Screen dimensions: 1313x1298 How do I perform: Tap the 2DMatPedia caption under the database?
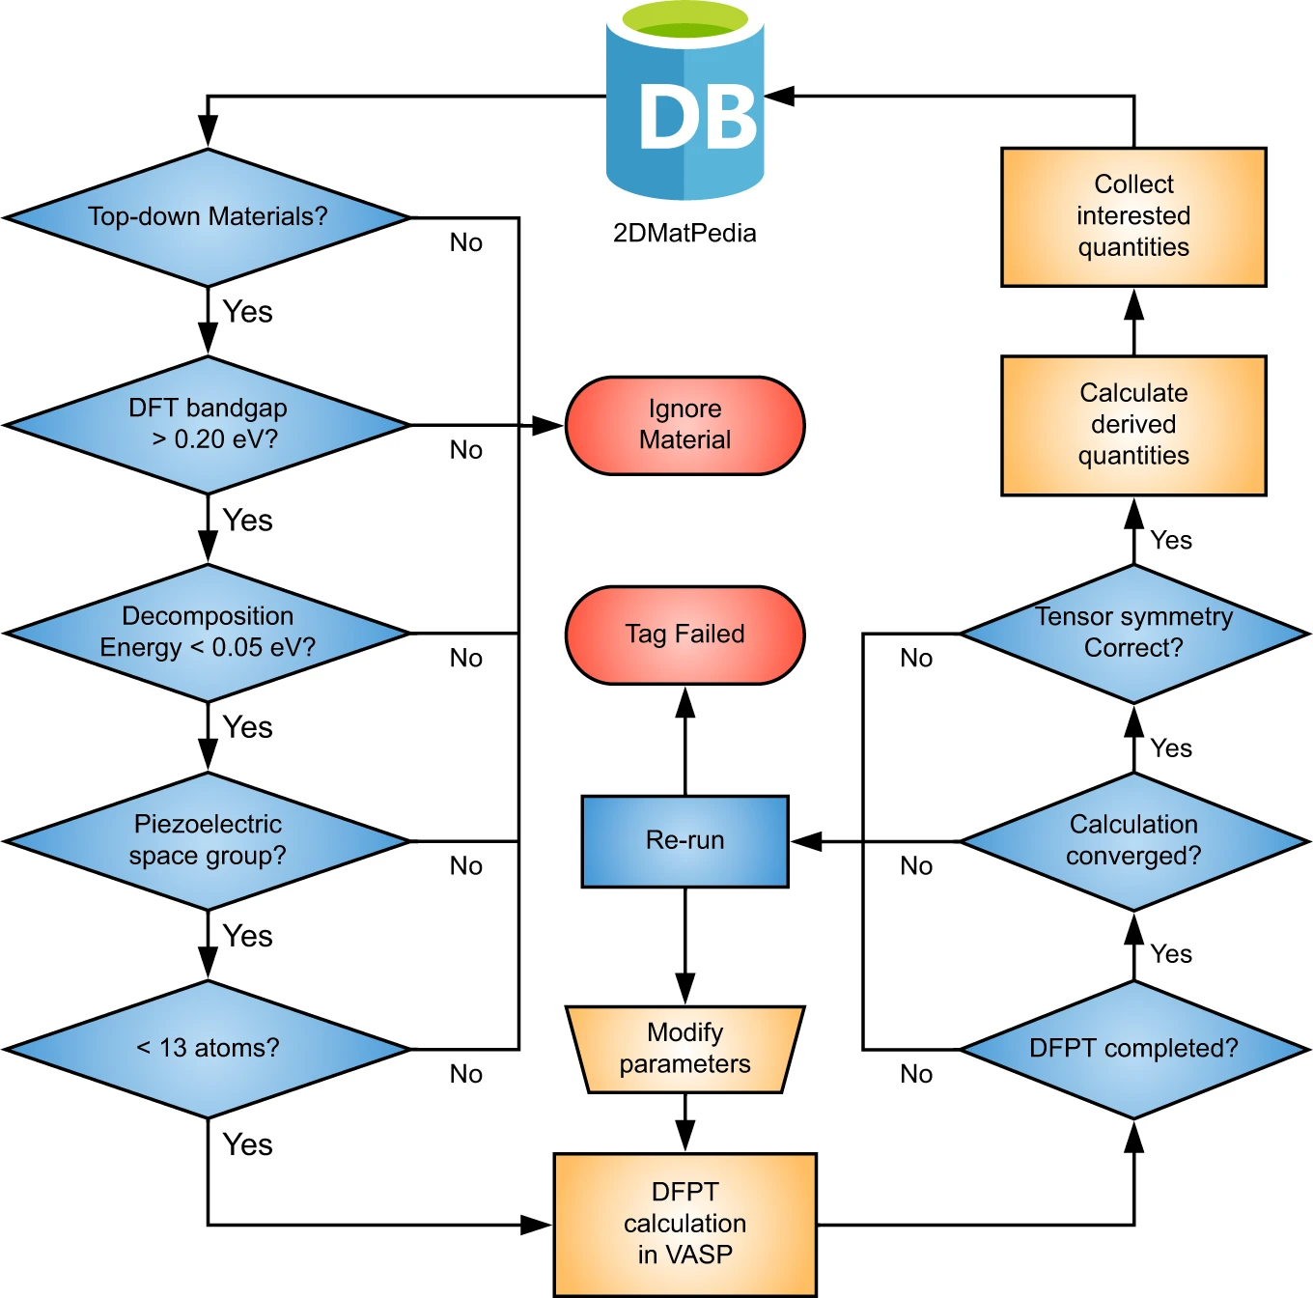(x=684, y=233)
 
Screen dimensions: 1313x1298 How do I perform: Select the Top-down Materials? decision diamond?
(x=208, y=217)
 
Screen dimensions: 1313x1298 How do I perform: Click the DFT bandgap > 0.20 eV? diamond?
(x=208, y=425)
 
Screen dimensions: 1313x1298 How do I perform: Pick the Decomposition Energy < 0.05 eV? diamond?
(x=208, y=633)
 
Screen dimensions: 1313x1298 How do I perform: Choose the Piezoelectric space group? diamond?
(x=208, y=840)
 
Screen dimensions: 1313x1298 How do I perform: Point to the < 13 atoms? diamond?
(x=208, y=1049)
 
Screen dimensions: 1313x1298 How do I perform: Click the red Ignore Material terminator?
(x=684, y=425)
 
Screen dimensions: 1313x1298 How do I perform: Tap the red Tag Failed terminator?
(x=684, y=634)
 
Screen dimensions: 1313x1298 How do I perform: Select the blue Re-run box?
(x=684, y=841)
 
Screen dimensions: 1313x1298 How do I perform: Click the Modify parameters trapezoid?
(x=684, y=1049)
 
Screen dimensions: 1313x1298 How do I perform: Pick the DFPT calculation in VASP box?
(x=684, y=1225)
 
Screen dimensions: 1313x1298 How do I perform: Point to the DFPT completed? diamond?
(x=1133, y=1049)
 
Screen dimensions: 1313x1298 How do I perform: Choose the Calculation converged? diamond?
(x=1133, y=840)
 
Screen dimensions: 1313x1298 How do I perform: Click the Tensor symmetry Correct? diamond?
(x=1133, y=634)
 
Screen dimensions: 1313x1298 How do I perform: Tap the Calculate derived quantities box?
(x=1133, y=425)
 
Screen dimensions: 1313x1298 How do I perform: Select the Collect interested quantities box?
(x=1133, y=216)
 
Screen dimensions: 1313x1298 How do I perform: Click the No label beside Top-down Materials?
(x=466, y=242)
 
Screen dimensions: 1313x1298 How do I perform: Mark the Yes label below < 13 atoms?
(x=247, y=1144)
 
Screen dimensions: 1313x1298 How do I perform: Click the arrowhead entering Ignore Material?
(x=547, y=425)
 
